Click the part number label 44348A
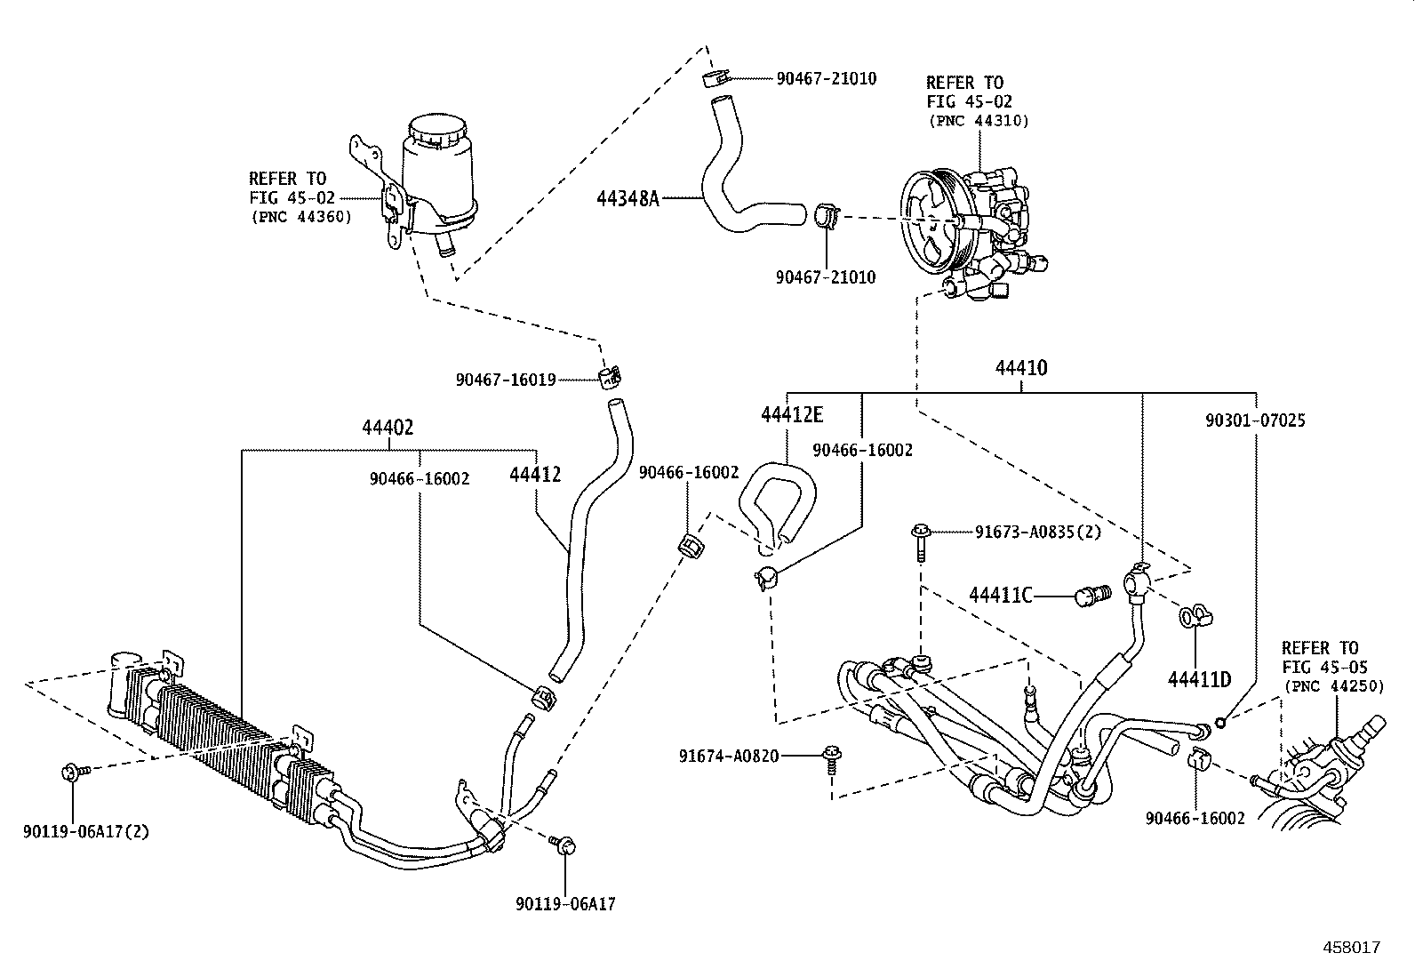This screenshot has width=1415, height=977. tap(628, 198)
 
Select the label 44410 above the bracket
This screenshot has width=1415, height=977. tap(1020, 369)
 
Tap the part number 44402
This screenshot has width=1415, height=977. tap(388, 428)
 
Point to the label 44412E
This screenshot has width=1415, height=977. tap(792, 415)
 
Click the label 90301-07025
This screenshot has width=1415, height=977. tap(1255, 420)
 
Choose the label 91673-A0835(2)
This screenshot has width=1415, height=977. tap(1037, 533)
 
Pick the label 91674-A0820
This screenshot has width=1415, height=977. tap(729, 757)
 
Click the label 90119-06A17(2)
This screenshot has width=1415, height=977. tap(85, 832)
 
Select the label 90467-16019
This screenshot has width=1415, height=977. tap(506, 380)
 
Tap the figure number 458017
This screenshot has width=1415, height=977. tap(1351, 948)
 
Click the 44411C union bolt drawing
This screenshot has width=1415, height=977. tap(1092, 594)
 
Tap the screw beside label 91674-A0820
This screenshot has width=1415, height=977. tap(833, 758)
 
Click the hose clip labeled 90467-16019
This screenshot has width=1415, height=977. tap(608, 376)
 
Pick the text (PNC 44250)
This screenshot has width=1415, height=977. tap(1332, 686)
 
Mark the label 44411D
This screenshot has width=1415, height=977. tap(1199, 680)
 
